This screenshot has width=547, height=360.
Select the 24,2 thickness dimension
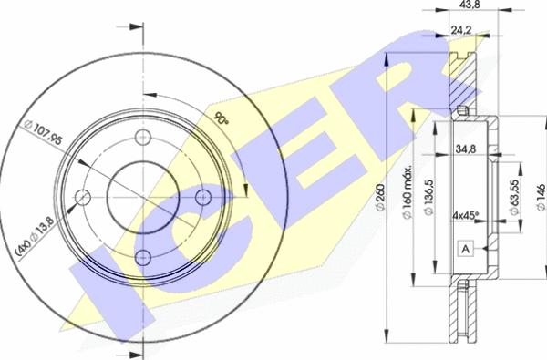460,30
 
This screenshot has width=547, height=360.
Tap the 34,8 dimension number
465,149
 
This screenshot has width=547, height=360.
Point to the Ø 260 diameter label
380,197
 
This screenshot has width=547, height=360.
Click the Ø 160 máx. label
408,192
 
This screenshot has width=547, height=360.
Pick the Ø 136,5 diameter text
428,197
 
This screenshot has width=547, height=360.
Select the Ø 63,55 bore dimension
514,197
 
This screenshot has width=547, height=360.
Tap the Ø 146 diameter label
541,197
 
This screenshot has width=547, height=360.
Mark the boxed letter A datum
465,249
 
